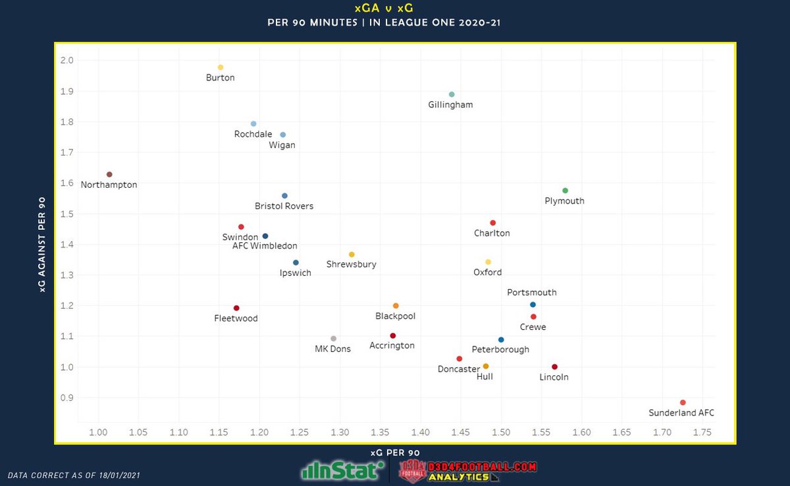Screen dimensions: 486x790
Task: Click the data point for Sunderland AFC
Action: pyautogui.click(x=683, y=402)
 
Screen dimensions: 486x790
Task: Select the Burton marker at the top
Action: pyautogui.click(x=221, y=67)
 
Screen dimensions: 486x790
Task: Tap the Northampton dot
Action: pyautogui.click(x=109, y=175)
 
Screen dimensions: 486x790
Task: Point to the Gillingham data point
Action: pyautogui.click(x=452, y=94)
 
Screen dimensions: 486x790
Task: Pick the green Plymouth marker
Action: pyautogui.click(x=565, y=191)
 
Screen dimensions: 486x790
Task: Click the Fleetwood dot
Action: pyautogui.click(x=236, y=308)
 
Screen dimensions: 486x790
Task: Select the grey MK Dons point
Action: pyautogui.click(x=333, y=338)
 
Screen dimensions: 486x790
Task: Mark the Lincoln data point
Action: pyautogui.click(x=554, y=367)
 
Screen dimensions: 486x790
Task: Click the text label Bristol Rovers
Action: pyautogui.click(x=284, y=206)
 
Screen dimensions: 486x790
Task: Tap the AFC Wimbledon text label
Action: pyautogui.click(x=265, y=246)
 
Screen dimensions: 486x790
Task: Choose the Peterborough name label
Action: pyautogui.click(x=500, y=350)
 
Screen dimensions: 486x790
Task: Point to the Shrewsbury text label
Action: pyautogui.click(x=351, y=265)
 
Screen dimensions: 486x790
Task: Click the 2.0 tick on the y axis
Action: pyautogui.click(x=66, y=61)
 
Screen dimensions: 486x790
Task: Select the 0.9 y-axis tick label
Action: pyautogui.click(x=66, y=398)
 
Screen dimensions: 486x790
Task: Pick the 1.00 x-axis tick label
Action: pyautogui.click(x=99, y=433)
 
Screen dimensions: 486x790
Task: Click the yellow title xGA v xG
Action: pyautogui.click(x=394, y=9)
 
